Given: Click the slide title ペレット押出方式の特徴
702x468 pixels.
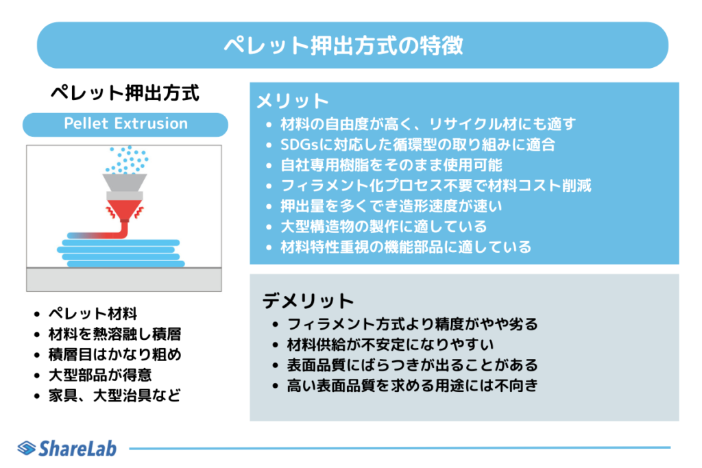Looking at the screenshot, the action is (x=343, y=46).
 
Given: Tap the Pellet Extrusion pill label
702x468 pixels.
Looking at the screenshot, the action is (x=125, y=124).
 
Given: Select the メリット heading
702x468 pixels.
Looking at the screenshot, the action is (x=293, y=101).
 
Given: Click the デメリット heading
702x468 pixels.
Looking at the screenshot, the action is (x=308, y=301).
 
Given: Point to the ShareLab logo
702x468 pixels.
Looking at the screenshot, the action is (x=67, y=448).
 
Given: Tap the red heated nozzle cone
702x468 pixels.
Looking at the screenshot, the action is (x=125, y=210).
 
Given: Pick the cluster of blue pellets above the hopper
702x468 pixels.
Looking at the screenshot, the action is (x=127, y=160).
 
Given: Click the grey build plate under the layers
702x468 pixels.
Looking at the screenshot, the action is (x=124, y=280).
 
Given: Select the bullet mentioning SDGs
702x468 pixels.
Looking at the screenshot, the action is (x=417, y=145).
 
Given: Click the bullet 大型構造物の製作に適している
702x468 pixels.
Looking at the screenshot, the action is (x=384, y=226).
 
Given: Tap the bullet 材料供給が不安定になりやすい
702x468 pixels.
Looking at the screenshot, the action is (x=390, y=345).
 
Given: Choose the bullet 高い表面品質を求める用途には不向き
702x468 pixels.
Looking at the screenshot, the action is (x=412, y=385).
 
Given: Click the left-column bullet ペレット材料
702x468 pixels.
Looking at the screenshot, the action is (x=93, y=314).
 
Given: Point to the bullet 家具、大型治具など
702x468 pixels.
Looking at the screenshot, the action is (x=114, y=395).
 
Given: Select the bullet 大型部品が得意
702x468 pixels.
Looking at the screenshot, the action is (x=100, y=375).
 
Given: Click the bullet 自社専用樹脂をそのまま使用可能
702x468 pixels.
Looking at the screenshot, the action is (x=391, y=165).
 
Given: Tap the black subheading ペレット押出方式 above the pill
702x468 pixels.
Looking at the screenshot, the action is (x=125, y=93).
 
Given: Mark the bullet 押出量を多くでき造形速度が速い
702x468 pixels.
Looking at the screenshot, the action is (x=391, y=206).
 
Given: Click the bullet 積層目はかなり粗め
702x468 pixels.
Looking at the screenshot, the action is (x=114, y=354).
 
